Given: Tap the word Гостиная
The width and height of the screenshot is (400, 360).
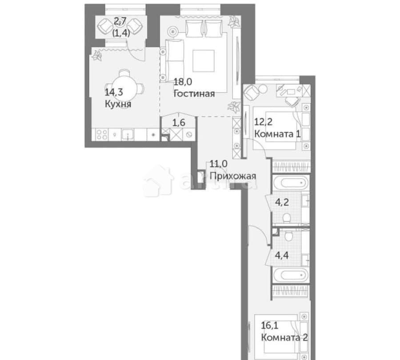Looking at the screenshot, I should click(194, 93).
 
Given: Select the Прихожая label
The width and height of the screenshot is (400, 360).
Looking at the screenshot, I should click(233, 176).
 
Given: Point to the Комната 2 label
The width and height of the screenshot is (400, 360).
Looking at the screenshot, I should click(285, 337).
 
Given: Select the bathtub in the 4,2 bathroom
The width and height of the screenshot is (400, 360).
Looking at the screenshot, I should click(289, 183).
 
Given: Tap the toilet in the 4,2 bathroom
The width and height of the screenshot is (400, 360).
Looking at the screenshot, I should click(287, 218).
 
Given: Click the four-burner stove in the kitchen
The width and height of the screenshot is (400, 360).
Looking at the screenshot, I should click(100, 134).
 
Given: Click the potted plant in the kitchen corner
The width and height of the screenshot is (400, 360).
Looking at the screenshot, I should click(96, 55).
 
